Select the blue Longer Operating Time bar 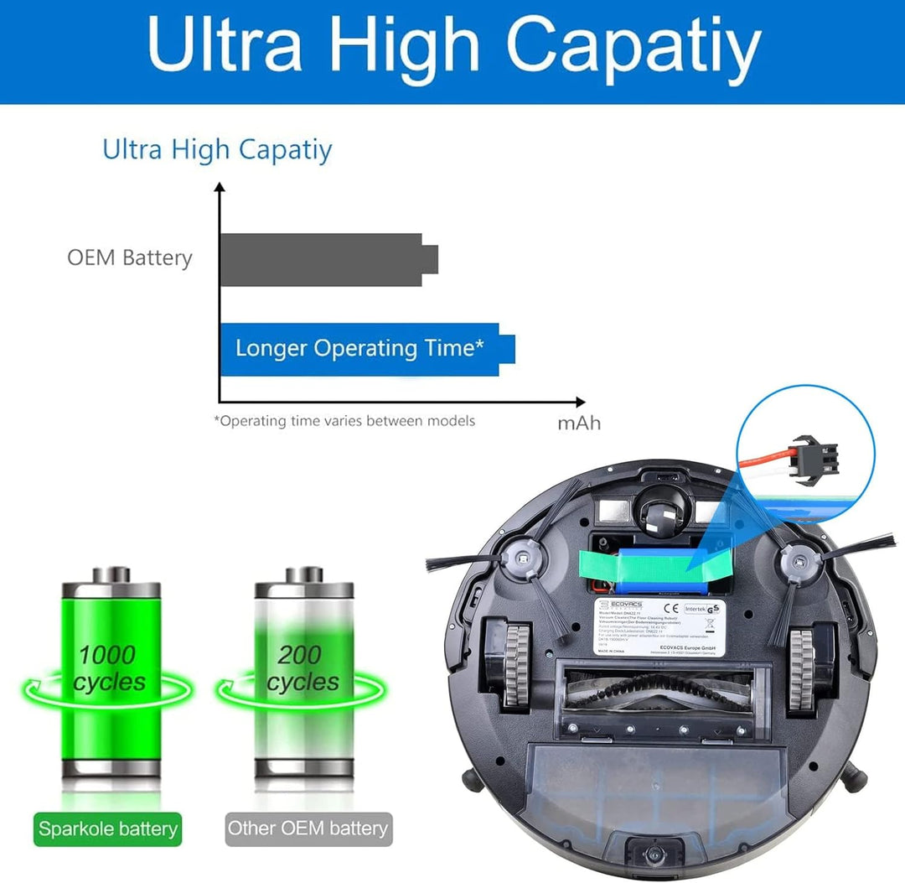[x=360, y=349]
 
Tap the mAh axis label [x=579, y=423]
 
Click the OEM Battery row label [x=130, y=257]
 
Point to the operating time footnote [x=344, y=421]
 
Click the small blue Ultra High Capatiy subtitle [x=217, y=150]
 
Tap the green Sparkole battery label [x=108, y=829]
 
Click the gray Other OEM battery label [x=308, y=829]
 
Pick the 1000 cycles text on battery [x=108, y=668]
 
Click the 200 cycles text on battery [x=303, y=668]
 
